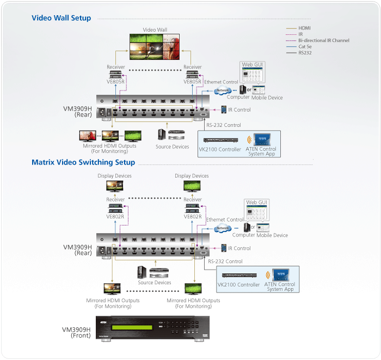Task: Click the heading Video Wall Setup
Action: (x=61, y=18)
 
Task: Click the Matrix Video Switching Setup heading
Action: (x=83, y=162)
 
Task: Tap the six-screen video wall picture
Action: (x=155, y=47)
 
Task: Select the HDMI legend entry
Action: (x=304, y=27)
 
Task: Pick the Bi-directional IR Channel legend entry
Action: (x=323, y=40)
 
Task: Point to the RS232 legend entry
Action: (x=305, y=53)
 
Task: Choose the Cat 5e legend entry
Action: (x=305, y=47)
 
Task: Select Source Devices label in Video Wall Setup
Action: (x=173, y=147)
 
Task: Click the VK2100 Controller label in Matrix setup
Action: (x=238, y=285)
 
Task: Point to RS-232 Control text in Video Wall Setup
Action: (x=224, y=126)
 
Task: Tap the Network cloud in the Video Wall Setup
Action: (x=222, y=91)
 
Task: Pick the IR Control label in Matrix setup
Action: (x=239, y=248)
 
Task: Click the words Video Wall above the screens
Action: (x=155, y=30)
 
